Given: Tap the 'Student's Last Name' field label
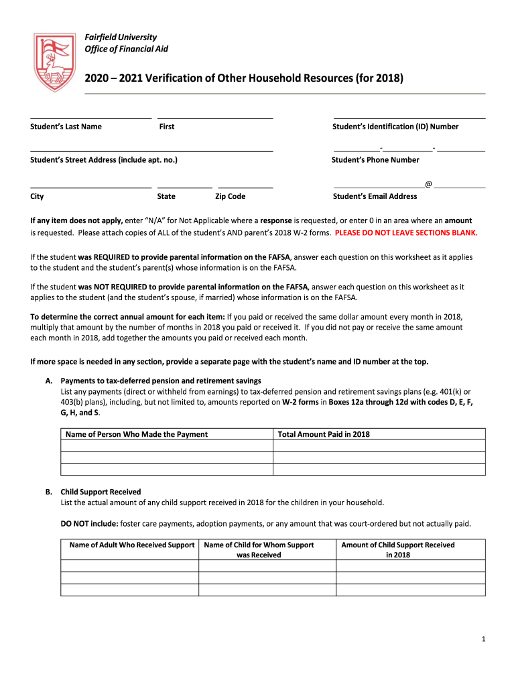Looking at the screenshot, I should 66,127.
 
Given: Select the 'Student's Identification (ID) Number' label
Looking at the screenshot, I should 395,127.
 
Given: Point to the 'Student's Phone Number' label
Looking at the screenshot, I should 375,160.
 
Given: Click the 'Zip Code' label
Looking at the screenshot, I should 230,196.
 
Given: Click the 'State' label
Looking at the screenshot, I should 166,196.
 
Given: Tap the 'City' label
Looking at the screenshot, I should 38,196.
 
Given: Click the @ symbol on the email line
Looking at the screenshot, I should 428,184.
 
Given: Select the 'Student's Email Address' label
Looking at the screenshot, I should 375,196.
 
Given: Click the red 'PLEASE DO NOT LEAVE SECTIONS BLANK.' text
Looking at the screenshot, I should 406,233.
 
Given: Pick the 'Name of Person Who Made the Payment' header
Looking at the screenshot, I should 137,434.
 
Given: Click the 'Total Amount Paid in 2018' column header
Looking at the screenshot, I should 324,434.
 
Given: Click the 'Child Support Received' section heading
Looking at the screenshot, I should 101,492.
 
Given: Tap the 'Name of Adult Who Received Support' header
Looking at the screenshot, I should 132,545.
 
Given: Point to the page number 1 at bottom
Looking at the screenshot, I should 483,640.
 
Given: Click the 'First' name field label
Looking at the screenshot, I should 167,127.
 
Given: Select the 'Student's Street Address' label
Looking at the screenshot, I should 104,160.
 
